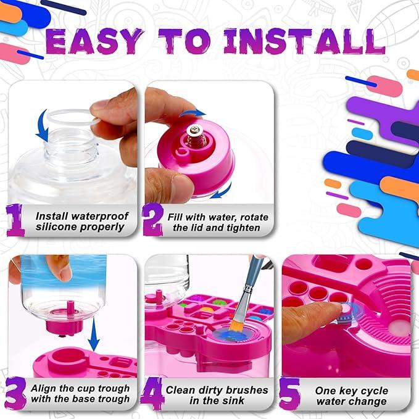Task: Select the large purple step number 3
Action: pos(17,394)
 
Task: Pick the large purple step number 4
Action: pos(152,394)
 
